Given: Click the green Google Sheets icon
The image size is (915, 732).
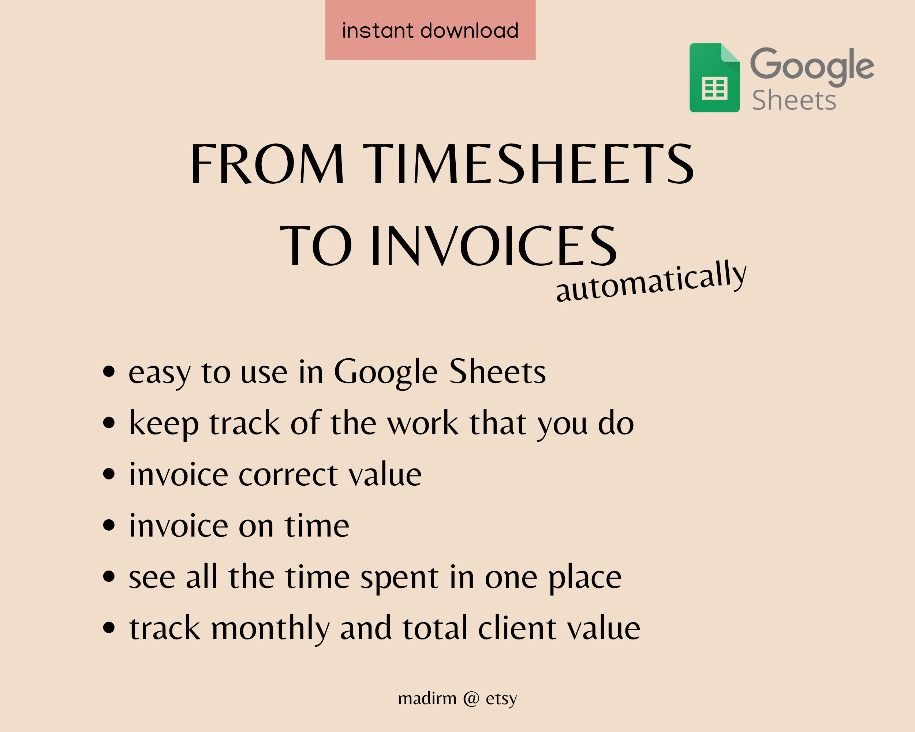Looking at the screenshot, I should pyautogui.click(x=715, y=78).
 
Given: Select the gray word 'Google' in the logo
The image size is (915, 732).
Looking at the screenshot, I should pyautogui.click(x=812, y=65).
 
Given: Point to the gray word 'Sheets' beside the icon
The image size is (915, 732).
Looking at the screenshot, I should pyautogui.click(x=793, y=101).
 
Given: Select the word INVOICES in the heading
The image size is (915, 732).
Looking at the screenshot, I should pyautogui.click(x=494, y=246).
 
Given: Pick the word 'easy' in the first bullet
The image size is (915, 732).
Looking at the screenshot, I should pyautogui.click(x=160, y=373).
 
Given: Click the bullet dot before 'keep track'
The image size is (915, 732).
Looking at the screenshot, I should pyautogui.click(x=109, y=423).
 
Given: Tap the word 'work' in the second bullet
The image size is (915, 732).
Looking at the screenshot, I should pyautogui.click(x=423, y=423).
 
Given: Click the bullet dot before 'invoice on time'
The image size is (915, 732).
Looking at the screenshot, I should pyautogui.click(x=109, y=525).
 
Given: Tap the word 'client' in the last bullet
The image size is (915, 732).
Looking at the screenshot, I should pyautogui.click(x=517, y=628).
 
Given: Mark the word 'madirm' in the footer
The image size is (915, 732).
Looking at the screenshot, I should pyautogui.click(x=427, y=698).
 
